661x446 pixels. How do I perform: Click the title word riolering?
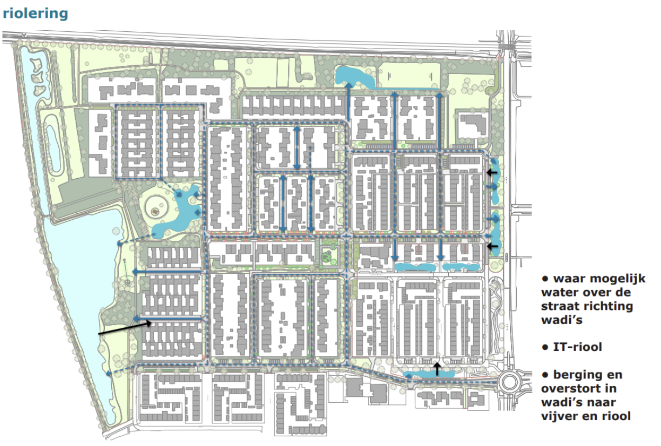(36, 13)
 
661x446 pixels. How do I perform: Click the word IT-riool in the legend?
(577, 347)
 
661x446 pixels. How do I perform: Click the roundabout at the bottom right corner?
(509, 382)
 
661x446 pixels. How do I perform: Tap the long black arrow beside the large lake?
(125, 329)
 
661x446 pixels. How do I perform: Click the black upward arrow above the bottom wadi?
(437, 369)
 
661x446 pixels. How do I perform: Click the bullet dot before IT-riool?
(545, 347)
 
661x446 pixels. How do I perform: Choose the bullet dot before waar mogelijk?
(545, 279)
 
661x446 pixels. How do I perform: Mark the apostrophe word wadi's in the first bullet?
(562, 320)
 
